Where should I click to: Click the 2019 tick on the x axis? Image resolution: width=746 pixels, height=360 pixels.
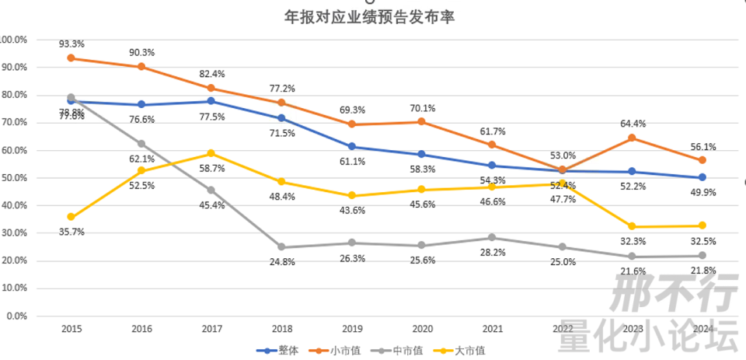pos(352,330)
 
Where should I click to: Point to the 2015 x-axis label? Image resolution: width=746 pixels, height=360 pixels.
pos(71,330)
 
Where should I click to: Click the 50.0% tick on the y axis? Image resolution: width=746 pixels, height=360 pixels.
pos(15,178)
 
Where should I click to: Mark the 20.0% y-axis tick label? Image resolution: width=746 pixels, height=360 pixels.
pos(15,261)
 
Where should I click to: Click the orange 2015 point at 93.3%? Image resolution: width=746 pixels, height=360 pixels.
pos(71,58)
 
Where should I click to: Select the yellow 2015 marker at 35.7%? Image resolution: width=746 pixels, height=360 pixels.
pos(71,217)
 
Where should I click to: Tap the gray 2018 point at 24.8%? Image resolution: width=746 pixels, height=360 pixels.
pos(281,247)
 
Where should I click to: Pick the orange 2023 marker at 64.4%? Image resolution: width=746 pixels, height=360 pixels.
pos(632,138)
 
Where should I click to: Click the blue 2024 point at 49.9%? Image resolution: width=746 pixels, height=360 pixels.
pos(702,177)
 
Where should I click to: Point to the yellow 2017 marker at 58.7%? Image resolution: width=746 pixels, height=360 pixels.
pos(211,153)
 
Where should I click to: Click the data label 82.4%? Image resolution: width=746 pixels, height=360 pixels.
pos(211,74)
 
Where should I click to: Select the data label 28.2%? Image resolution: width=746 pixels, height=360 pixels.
pos(492,253)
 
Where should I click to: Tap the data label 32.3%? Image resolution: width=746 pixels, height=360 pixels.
pos(632,242)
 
